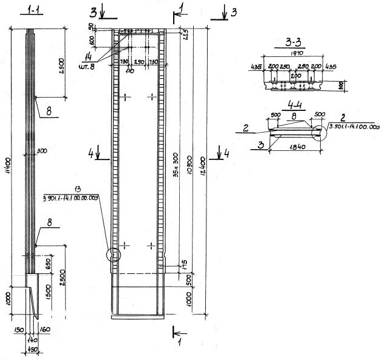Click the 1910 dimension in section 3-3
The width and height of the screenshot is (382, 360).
[x=297, y=53]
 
